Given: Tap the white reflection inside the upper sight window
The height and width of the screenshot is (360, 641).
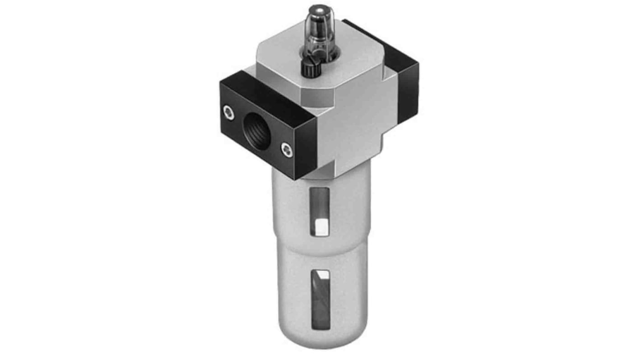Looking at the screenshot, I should (x=321, y=227).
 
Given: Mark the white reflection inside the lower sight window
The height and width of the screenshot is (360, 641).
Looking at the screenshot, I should (x=324, y=275).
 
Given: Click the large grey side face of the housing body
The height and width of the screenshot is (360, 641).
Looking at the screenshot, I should (x=361, y=126).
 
